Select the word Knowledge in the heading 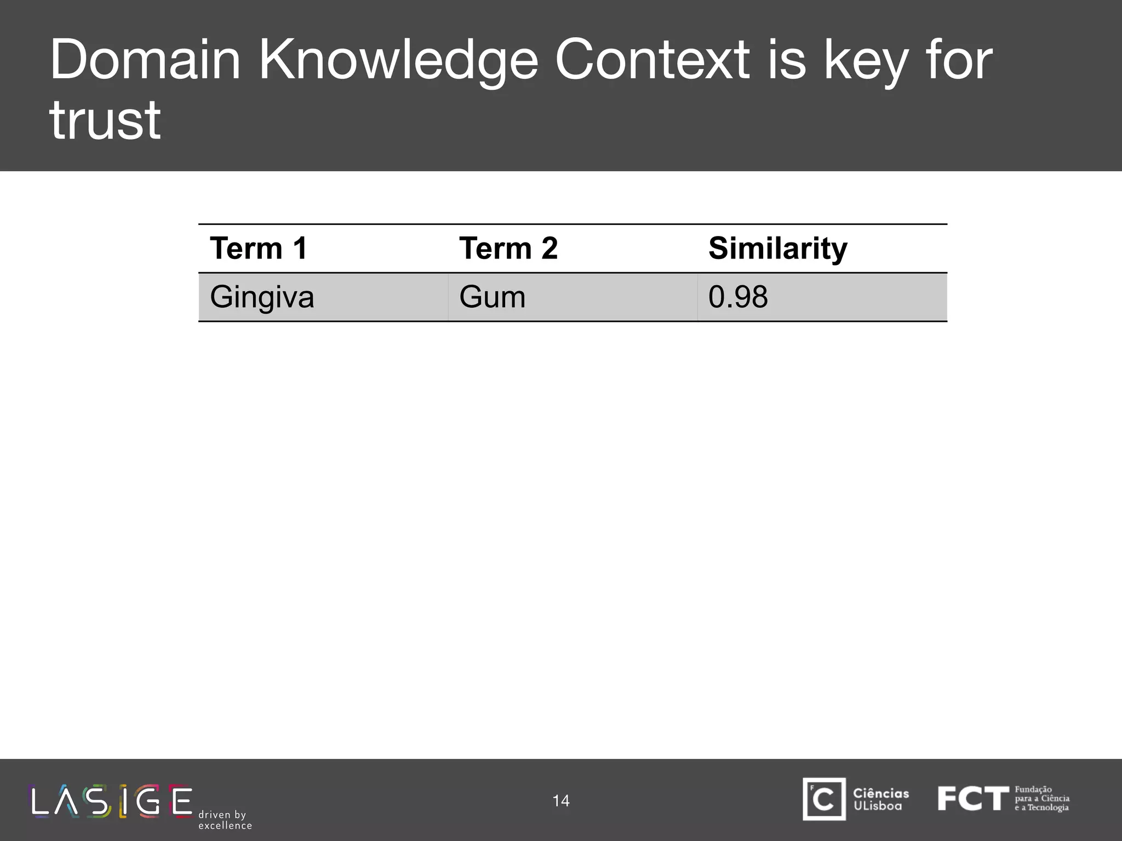tap(398, 61)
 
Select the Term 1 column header tap(259, 248)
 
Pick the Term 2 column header tap(508, 248)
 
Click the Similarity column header tap(777, 249)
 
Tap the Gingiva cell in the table tap(262, 297)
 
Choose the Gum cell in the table tap(492, 297)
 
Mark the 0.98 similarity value tap(738, 297)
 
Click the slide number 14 tap(561, 800)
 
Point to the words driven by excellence tap(225, 820)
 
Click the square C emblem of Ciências tap(824, 799)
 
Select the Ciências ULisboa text tap(880, 799)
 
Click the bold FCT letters tap(972, 799)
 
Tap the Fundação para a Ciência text tap(1041, 798)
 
